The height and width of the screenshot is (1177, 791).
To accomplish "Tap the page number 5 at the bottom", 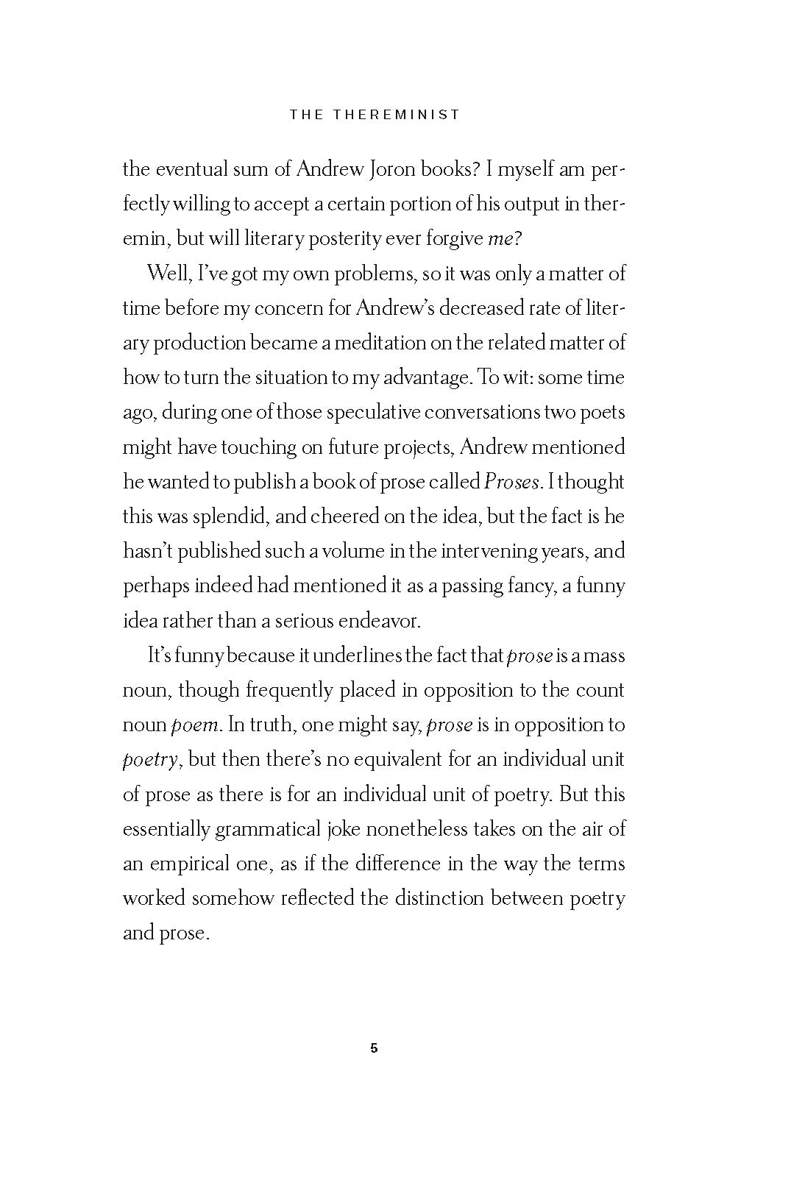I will coord(374,1048).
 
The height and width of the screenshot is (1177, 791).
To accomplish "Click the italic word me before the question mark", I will coord(499,239).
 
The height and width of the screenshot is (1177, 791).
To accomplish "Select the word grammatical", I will coord(267,830).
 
